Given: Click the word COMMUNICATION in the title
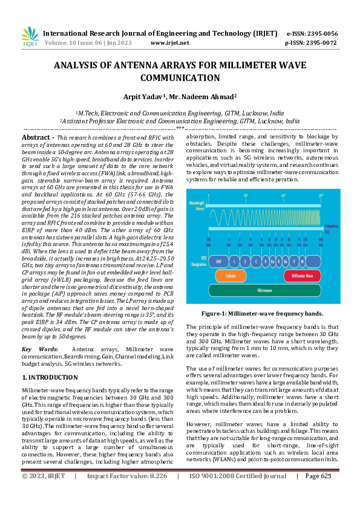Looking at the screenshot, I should (x=180, y=78).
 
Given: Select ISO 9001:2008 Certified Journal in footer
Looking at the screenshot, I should (x=238, y=493).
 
